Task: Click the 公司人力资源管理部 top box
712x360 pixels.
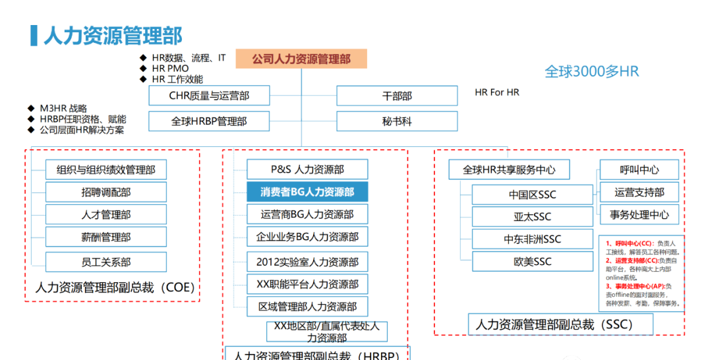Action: tap(301, 59)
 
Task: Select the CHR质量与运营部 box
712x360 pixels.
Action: tap(209, 96)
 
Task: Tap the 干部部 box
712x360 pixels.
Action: tap(397, 96)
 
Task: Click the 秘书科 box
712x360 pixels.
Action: tap(397, 121)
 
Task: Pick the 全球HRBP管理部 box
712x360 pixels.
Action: tap(209, 121)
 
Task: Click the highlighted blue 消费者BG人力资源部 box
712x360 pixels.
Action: tap(307, 192)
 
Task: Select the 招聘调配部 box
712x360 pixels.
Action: tap(105, 192)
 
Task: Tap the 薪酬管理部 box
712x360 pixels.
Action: tap(105, 237)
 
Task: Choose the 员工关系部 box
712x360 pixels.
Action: tap(105, 262)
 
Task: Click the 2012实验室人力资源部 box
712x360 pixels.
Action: tap(307, 262)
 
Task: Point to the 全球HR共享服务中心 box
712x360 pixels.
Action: tap(509, 169)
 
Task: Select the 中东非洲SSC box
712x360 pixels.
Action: tap(532, 239)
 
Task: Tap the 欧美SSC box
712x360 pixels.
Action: tap(532, 262)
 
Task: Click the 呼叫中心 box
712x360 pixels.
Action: tap(639, 169)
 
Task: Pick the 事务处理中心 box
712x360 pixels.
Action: tap(639, 214)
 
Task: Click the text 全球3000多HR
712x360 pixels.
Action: tap(591, 72)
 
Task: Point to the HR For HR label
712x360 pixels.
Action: tap(497, 92)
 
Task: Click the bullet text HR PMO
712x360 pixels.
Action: tap(170, 69)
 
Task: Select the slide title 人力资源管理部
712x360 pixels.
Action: tap(113, 36)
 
